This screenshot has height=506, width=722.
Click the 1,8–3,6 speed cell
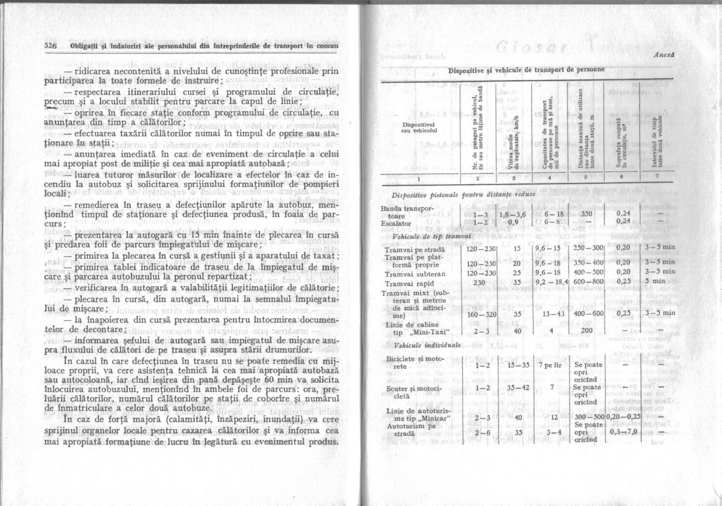point(513,214)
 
